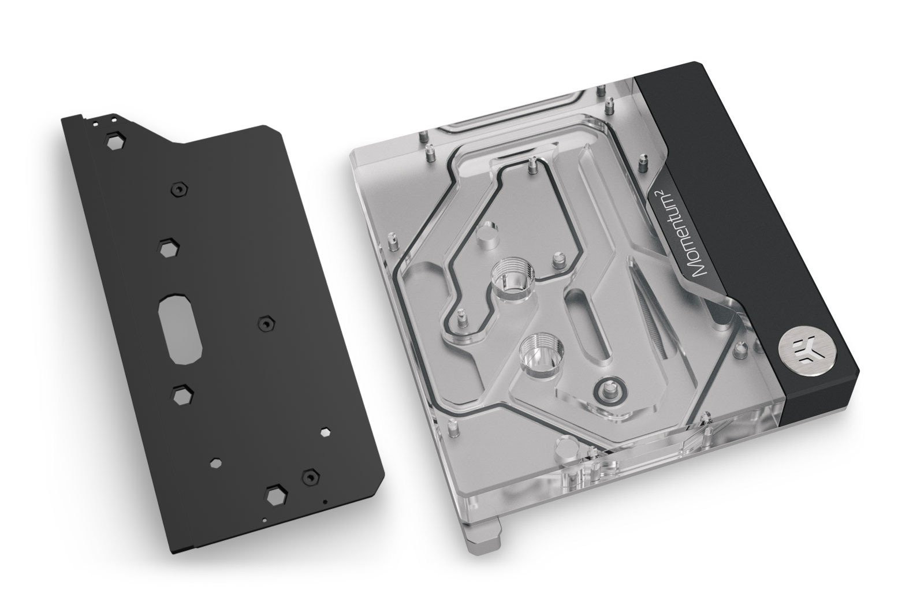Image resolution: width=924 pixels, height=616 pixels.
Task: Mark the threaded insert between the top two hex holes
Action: coord(180,189)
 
